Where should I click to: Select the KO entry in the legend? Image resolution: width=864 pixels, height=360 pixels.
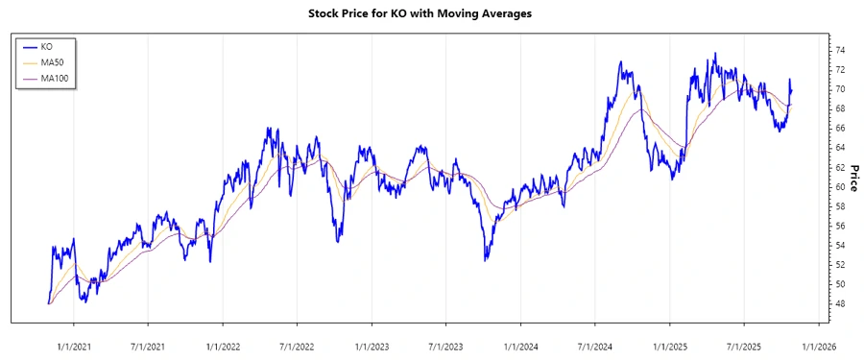point(46,45)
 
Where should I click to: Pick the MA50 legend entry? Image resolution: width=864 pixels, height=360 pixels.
point(52,61)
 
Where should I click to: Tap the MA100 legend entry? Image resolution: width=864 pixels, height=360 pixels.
point(54,78)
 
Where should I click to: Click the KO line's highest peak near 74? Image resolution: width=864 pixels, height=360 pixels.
point(713,54)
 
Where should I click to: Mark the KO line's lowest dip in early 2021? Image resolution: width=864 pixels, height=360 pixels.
point(84,301)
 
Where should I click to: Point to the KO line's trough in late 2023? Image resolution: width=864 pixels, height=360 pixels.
point(486,259)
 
